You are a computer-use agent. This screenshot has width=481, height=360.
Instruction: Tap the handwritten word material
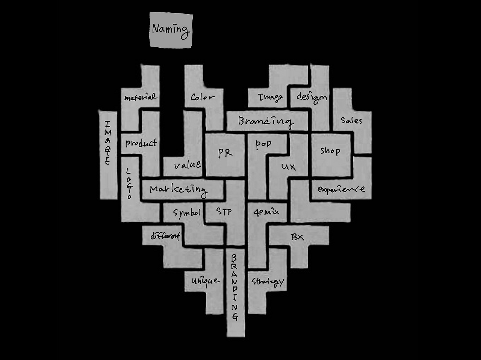coord(140,98)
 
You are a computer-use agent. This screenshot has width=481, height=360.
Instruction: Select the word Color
coord(203,97)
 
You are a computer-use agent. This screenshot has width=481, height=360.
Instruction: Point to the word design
coord(312,97)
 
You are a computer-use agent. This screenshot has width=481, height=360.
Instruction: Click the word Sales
coord(351,121)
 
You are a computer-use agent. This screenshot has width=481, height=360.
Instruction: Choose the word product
coord(141,143)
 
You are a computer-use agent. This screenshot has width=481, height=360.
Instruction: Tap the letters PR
coord(225,153)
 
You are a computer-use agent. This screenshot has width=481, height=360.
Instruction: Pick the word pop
coord(263,145)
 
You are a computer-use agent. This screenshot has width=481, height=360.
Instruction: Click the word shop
coord(330,151)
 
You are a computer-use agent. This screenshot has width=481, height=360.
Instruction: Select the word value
coord(187,164)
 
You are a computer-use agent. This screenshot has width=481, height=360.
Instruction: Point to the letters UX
coord(289,166)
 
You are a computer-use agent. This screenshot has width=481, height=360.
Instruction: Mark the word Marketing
coord(178,189)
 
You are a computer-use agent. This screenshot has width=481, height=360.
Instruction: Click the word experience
coord(341,189)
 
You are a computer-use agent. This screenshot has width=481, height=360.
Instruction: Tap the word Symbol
coord(187,213)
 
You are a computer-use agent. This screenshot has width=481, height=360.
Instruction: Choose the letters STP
coord(224,211)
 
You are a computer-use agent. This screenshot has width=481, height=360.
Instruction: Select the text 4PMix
coord(266,212)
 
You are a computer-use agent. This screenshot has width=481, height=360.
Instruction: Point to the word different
coord(165,236)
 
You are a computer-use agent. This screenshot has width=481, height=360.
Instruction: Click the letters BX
coord(297,237)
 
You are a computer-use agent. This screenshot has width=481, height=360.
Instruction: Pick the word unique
coord(205,281)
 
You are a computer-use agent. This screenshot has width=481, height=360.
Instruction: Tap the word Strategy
coord(268,282)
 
